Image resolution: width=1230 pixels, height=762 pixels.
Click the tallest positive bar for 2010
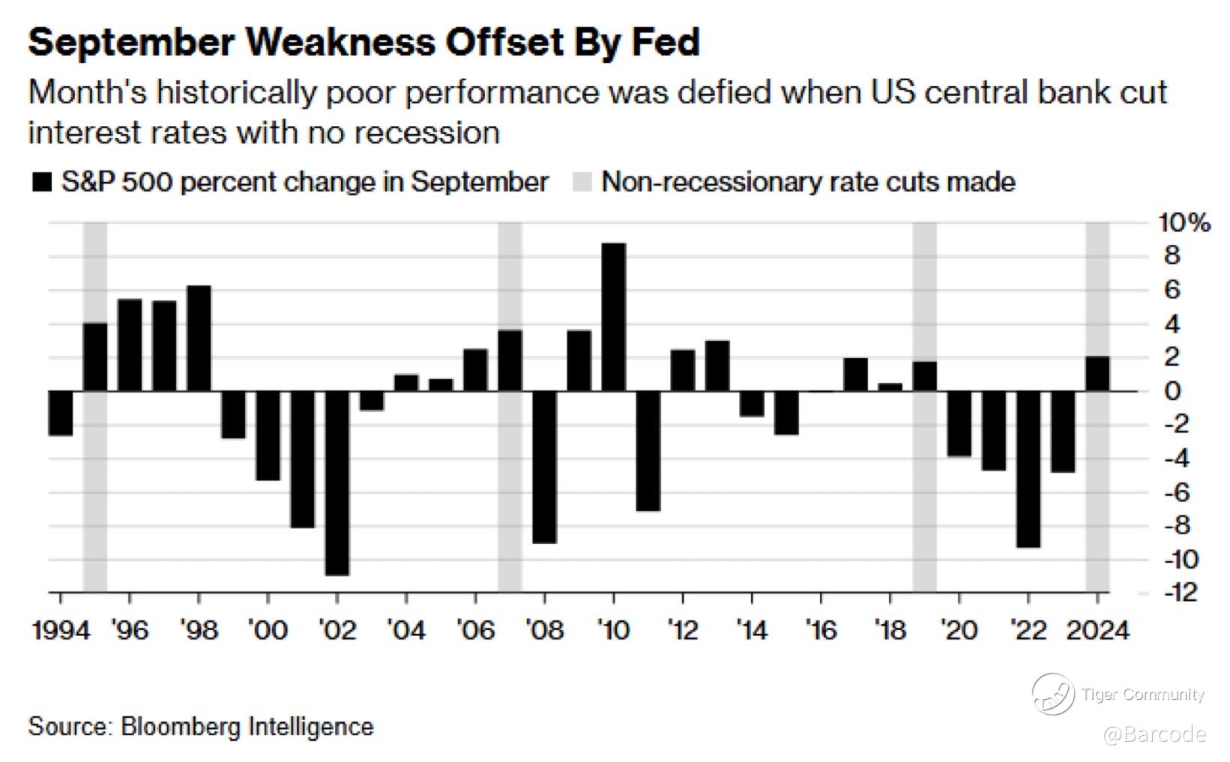(x=614, y=317)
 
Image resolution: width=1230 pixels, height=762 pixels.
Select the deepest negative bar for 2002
(x=337, y=483)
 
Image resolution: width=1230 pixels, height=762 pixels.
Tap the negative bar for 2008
(x=544, y=467)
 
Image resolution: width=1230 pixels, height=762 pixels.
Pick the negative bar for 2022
(x=1028, y=469)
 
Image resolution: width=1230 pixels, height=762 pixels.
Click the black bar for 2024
(x=1097, y=374)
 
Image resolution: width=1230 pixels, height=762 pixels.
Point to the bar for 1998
(x=199, y=338)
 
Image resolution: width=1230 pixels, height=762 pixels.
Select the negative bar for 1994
(x=60, y=413)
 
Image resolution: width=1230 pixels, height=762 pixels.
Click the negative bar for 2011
(x=648, y=450)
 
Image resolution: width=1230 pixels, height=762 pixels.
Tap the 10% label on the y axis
(x=1184, y=223)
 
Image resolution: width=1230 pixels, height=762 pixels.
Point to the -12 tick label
(x=1181, y=593)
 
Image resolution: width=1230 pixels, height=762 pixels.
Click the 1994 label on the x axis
(x=61, y=630)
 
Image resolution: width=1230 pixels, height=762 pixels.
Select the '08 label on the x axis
(x=544, y=630)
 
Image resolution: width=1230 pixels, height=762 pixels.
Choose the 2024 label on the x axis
(x=1097, y=630)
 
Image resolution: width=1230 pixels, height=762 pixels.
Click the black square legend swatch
(x=41, y=182)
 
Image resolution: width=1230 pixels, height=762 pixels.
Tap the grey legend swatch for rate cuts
(x=582, y=182)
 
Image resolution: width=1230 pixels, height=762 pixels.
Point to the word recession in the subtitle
(x=426, y=133)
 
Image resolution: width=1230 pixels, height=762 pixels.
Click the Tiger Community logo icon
(x=1052, y=694)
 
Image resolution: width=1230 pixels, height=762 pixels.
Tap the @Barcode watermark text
(x=1154, y=734)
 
